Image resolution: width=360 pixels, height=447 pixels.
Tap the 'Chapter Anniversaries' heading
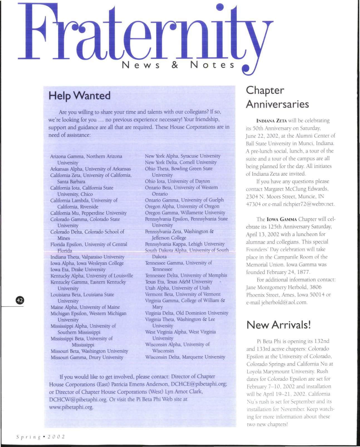[277, 97]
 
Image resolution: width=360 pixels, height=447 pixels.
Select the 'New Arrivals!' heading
[278, 325]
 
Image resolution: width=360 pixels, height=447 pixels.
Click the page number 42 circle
[20, 300]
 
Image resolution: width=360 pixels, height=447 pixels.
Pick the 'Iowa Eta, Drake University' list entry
[78, 269]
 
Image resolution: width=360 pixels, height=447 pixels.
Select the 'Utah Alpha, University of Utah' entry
[177, 288]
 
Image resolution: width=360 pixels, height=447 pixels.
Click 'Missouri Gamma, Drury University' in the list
[87, 357]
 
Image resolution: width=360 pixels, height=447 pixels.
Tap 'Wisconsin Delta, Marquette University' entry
[185, 357]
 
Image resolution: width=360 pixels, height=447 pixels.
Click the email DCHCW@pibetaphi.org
[78, 399]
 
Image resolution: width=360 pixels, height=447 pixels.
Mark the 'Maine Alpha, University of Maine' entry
[85, 307]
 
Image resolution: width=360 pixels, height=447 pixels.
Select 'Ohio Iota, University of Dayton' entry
[177, 181]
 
